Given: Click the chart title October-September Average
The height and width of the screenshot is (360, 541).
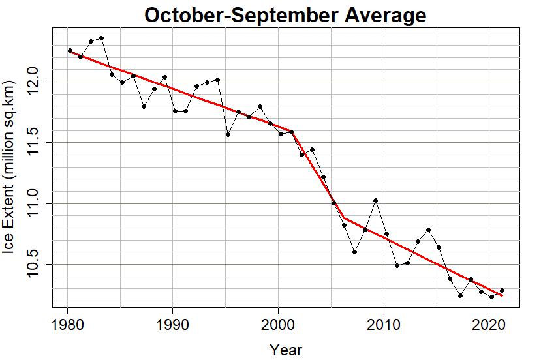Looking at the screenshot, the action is pos(285,14).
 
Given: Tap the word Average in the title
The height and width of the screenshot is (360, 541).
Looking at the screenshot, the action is pos(386,14).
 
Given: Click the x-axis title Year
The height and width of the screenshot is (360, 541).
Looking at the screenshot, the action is pos(286,350).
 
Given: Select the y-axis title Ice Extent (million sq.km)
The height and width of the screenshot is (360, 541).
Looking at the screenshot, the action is pos(9,168).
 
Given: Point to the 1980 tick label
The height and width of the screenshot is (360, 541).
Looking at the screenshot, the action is pos(68,325).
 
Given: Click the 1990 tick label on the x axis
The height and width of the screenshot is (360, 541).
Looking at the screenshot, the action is pos(173,325).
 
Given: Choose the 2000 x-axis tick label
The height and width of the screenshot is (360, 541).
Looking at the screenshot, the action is pos(278,325).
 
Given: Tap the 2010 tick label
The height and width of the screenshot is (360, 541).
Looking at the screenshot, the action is pos(383,325).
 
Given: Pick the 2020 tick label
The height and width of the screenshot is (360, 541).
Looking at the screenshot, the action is pos(489,325).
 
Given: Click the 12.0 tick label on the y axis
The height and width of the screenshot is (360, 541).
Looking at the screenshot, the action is pos(32,82).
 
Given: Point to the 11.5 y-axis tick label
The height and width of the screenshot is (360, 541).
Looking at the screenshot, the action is pos(32,142).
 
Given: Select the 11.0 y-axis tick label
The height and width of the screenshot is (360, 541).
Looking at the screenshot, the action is pos(32,203).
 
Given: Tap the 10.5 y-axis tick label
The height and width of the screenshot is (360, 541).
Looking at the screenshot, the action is pos(32,265).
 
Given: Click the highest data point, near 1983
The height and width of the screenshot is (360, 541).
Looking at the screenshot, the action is pos(101,38).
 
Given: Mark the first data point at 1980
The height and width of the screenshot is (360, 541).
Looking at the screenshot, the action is pos(70,50).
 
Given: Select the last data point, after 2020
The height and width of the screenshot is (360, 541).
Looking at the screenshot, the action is pos(502,290).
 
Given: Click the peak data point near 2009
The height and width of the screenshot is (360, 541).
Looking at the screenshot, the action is pos(376,200).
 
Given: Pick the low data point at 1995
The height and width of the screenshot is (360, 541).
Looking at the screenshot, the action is pos(228,134).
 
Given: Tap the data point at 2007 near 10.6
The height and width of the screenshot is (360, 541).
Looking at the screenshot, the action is pos(354,252).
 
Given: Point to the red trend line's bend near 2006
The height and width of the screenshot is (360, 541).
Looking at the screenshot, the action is pos(345,218).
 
